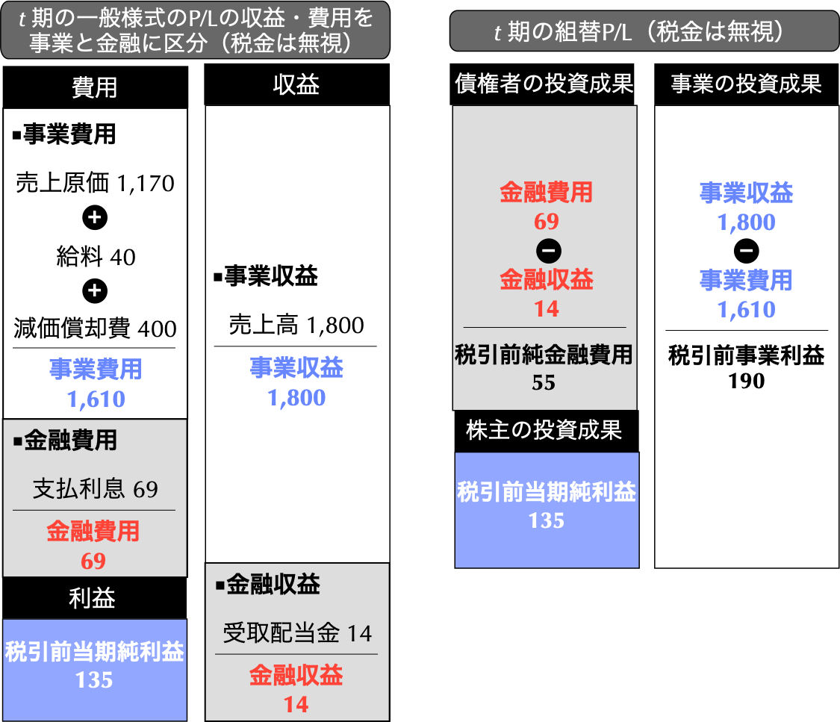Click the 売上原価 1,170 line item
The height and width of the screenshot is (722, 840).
tap(95, 183)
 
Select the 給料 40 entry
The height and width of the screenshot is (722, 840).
tap(96, 257)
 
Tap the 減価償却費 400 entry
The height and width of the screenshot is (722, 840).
tap(95, 329)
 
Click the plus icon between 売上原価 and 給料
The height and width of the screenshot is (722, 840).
tap(95, 218)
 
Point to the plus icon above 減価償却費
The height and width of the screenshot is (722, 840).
tap(95, 291)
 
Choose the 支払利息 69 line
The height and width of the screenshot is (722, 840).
tap(95, 489)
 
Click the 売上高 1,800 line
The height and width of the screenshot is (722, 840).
tap(296, 325)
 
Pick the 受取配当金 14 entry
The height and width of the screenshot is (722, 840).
tap(297, 634)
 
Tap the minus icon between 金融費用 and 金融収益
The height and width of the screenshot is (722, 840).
tap(547, 251)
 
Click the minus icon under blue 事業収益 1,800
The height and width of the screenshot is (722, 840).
tap(746, 250)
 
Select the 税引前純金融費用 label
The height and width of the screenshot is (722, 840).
tap(544, 355)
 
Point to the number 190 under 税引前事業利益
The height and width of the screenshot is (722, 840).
tap(747, 382)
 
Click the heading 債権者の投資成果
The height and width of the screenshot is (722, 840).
tap(544, 84)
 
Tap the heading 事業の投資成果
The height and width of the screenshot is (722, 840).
tap(746, 84)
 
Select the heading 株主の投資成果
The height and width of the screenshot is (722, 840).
tap(544, 430)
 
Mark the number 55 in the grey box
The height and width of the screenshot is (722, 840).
tap(544, 382)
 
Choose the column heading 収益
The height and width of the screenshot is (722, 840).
tap(296, 85)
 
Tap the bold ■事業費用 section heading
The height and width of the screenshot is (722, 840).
tap(64, 134)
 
